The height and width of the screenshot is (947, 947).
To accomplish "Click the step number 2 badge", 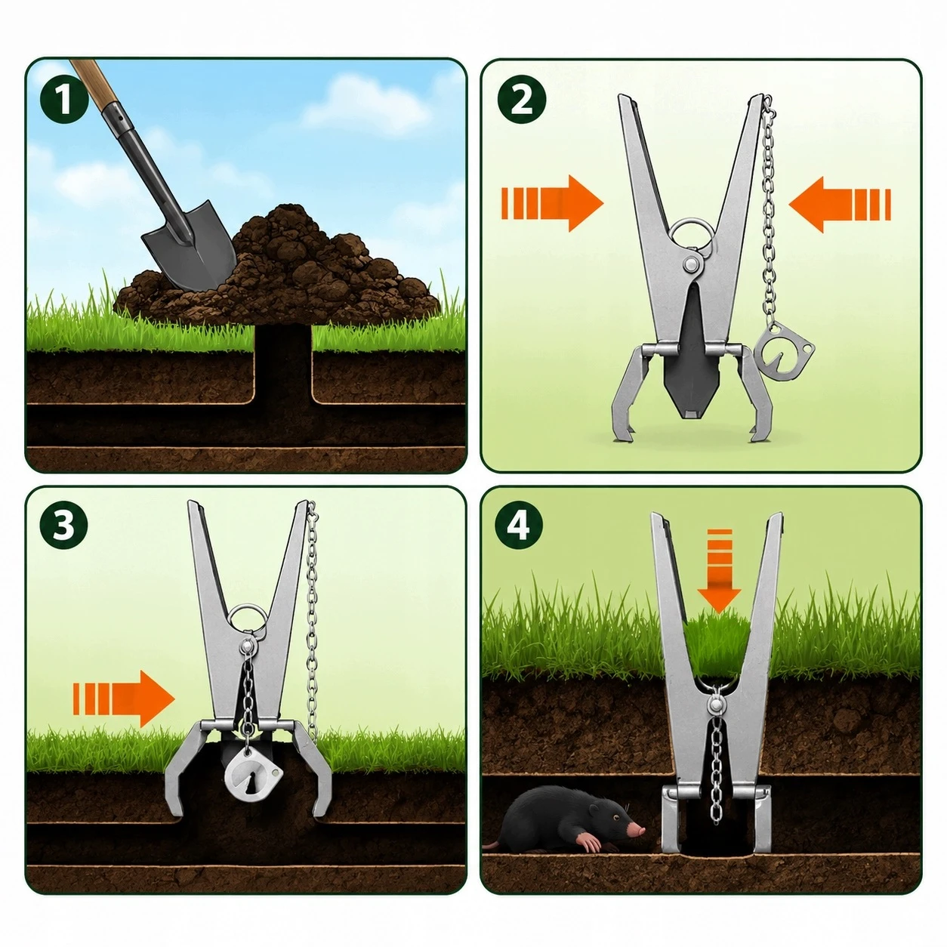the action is [521, 100].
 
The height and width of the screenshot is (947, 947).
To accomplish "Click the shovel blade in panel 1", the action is [190, 245].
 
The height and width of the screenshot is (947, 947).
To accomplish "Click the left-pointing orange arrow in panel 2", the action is [839, 205].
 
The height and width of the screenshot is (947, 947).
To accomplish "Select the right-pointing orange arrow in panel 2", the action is [552, 203].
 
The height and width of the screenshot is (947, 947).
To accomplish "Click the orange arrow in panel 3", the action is [124, 699].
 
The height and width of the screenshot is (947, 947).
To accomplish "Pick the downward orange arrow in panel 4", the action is [719, 571].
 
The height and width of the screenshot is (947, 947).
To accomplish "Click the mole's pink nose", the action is [638, 830].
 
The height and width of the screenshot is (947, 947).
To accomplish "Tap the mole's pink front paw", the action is [589, 842].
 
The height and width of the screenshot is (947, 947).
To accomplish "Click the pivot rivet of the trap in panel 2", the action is [692, 264].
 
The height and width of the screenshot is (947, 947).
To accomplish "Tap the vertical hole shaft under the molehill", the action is [283, 364].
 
